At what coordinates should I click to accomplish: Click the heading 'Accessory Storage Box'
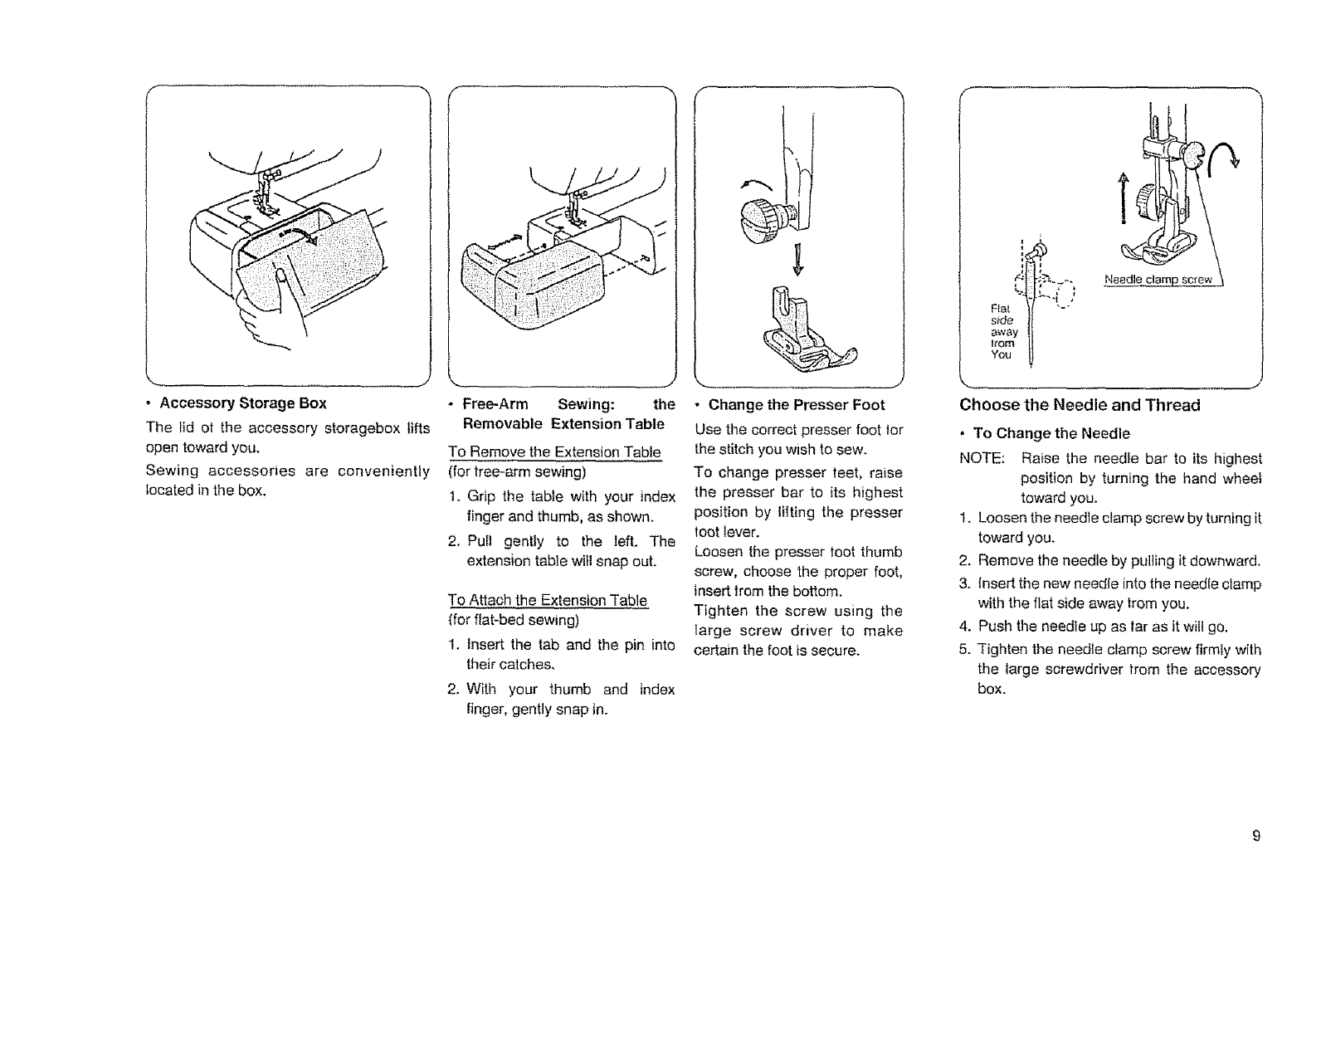pyautogui.click(x=243, y=403)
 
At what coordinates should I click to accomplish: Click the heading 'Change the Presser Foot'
pyautogui.click(x=797, y=405)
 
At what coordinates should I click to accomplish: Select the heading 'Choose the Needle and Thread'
pyautogui.click(x=1080, y=405)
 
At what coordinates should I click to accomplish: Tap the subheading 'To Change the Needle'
pyautogui.click(x=1051, y=433)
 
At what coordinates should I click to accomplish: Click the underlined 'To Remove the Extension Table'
pyautogui.click(x=554, y=452)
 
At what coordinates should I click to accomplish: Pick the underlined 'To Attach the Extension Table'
pyautogui.click(x=548, y=600)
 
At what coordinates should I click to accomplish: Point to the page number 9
pyautogui.click(x=1256, y=836)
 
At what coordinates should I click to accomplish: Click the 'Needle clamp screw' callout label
pyautogui.click(x=1158, y=280)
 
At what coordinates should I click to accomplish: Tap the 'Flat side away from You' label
pyautogui.click(x=1002, y=330)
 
